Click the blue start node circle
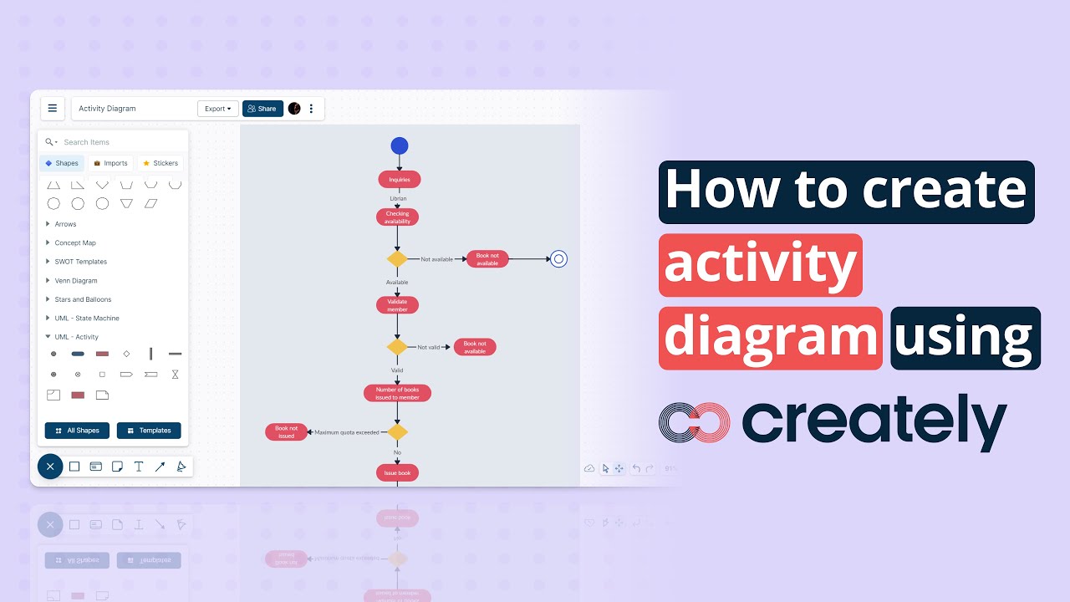(x=400, y=145)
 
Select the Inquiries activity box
(x=400, y=179)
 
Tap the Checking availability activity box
(x=397, y=217)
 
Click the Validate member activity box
(x=397, y=305)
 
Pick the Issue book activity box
(x=397, y=472)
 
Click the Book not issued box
(x=286, y=432)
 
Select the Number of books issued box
(x=397, y=393)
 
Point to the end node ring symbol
(x=558, y=259)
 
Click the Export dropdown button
(x=217, y=109)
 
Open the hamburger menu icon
(x=53, y=108)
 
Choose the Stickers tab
(x=160, y=163)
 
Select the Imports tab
(x=110, y=163)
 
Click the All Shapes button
(x=77, y=431)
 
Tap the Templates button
(x=149, y=431)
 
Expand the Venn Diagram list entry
(x=76, y=281)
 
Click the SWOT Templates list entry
(x=81, y=262)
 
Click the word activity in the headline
(x=760, y=265)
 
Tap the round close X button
(x=50, y=467)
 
